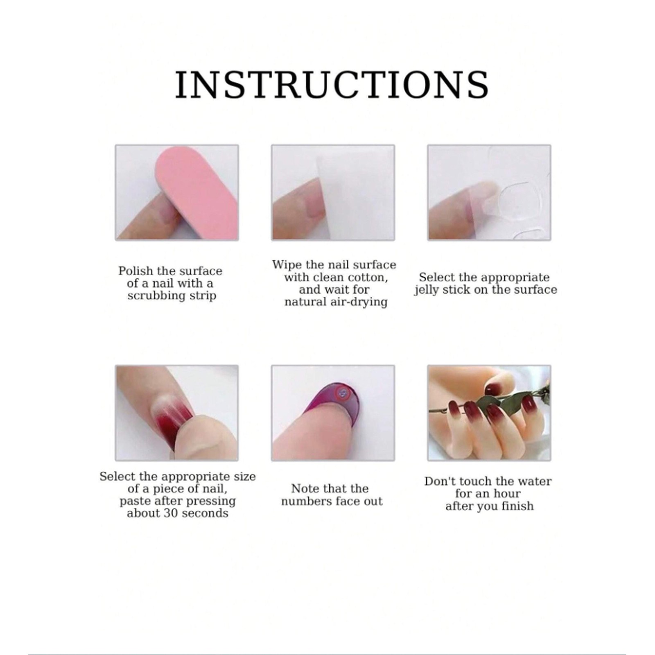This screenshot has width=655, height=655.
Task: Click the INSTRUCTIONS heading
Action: pyautogui.click(x=332, y=85)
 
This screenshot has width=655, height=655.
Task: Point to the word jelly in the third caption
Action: pyautogui.click(x=427, y=290)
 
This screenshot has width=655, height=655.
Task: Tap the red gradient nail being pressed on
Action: pyautogui.click(x=171, y=428)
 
